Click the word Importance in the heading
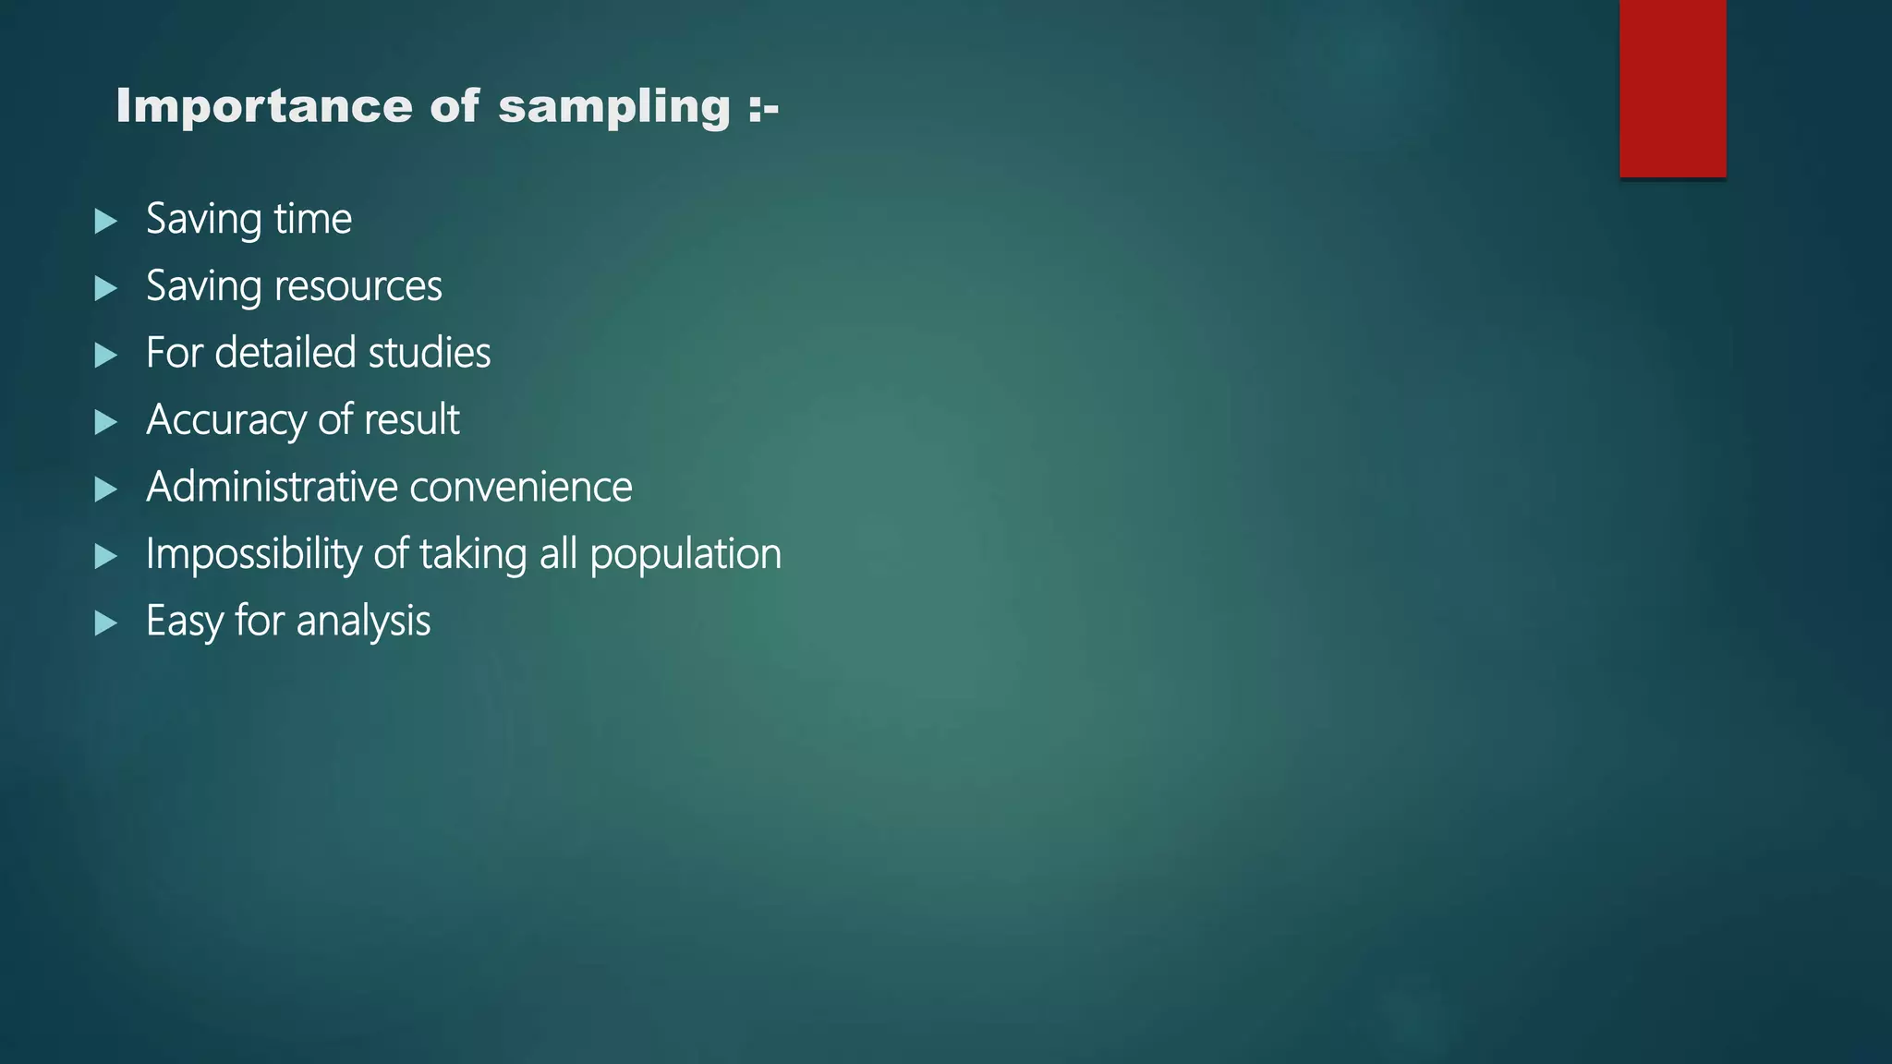pos(263,106)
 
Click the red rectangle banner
pos(1672,89)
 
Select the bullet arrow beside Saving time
pos(106,221)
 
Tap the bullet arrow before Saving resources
pos(106,288)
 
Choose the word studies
pos(429,353)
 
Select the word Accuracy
pos(225,421)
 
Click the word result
pos(411,420)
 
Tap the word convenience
pos(521,488)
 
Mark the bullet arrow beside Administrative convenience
pos(106,489)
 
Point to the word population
pos(685,555)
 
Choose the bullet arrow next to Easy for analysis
pos(106,623)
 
